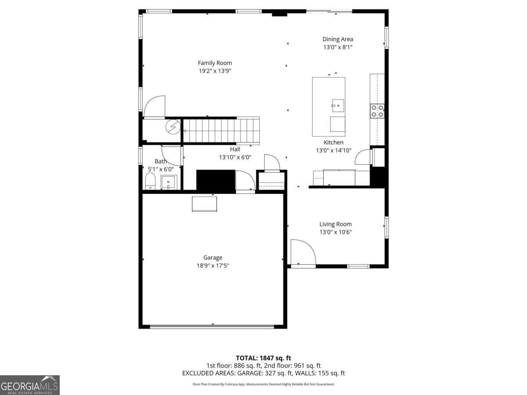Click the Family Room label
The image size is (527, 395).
click(x=215, y=63)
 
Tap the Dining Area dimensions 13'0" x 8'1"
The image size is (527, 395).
click(x=338, y=47)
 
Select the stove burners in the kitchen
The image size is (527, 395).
click(x=377, y=111)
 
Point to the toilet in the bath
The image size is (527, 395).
click(x=150, y=181)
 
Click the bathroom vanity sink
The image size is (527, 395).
click(x=169, y=182)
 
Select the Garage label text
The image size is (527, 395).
click(x=213, y=258)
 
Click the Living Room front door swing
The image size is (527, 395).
click(x=303, y=253)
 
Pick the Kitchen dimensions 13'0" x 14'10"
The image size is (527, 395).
click(x=334, y=150)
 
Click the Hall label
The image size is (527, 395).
click(x=235, y=149)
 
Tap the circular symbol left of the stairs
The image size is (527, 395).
click(x=173, y=126)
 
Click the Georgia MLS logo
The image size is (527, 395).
click(x=29, y=385)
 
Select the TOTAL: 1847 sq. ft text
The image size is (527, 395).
click(x=263, y=358)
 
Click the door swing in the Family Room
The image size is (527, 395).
click(x=154, y=107)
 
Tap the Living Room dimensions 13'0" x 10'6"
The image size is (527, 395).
click(x=336, y=232)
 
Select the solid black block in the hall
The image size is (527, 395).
click(x=216, y=180)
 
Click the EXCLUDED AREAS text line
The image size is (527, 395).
click(x=263, y=373)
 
